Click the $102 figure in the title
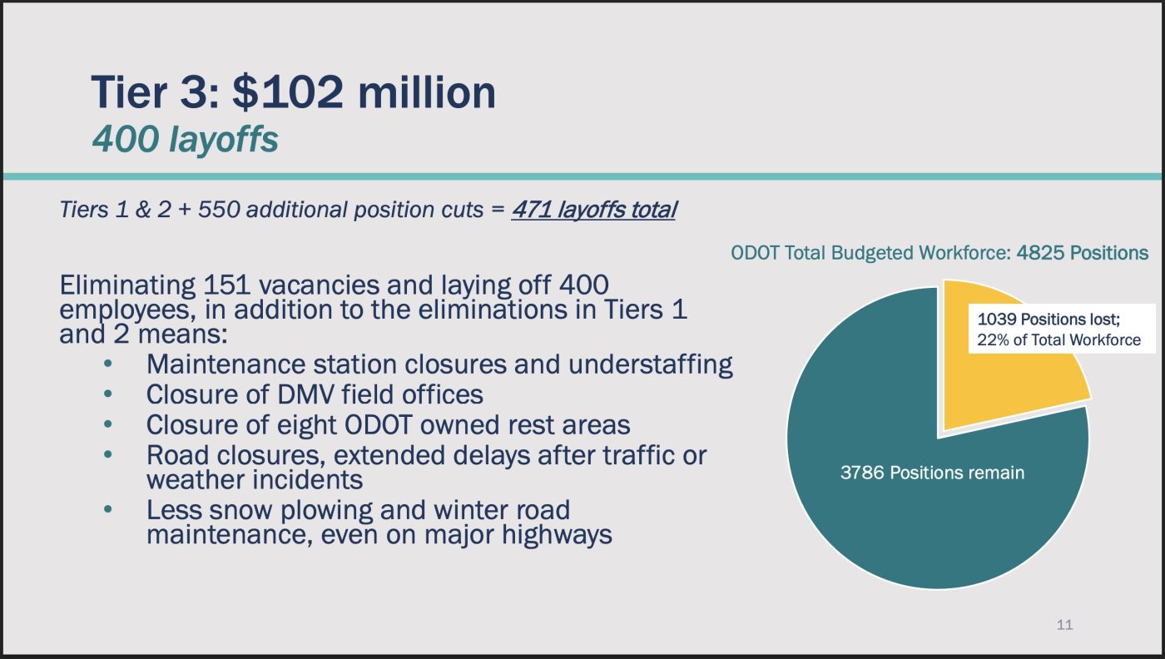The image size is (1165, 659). click(x=288, y=92)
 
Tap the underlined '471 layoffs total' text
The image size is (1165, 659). click(x=594, y=211)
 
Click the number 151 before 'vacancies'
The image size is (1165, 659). click(x=226, y=285)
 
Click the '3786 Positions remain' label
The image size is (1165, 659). click(x=933, y=473)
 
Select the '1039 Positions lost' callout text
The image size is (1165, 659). click(x=1048, y=319)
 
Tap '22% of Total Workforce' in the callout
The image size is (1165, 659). click(x=1058, y=339)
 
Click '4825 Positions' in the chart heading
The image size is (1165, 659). click(x=1083, y=253)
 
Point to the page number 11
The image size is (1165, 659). click(x=1064, y=625)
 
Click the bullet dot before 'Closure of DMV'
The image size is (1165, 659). click(x=107, y=394)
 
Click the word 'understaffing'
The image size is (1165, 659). click(x=650, y=364)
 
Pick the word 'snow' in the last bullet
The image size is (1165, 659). click(x=240, y=510)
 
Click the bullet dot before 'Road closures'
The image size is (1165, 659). click(x=107, y=454)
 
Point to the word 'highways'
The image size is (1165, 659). click(x=557, y=535)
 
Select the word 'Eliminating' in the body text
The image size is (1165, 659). click(x=127, y=285)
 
